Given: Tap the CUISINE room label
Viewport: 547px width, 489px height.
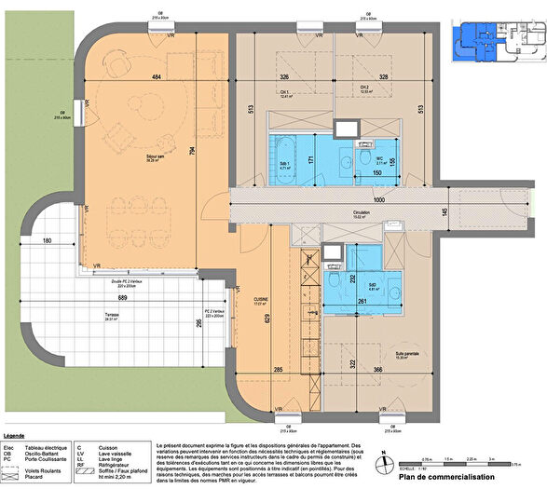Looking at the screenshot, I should (260, 300).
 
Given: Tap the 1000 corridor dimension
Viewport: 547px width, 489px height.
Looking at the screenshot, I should (378, 199).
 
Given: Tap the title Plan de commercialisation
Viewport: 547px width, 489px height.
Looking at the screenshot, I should (446, 478).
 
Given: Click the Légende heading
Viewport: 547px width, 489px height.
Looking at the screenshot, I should (14, 435).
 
